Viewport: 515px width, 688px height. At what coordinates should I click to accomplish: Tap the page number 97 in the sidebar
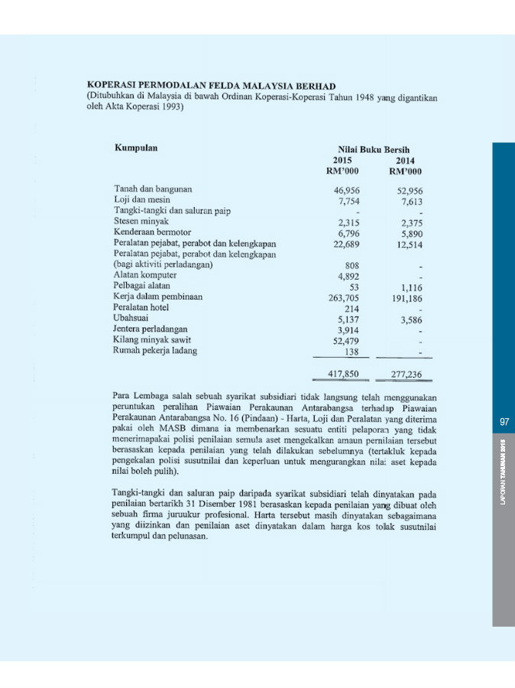(504, 422)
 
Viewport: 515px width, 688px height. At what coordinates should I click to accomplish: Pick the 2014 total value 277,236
(406, 375)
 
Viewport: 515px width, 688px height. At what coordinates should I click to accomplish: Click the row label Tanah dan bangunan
(152, 188)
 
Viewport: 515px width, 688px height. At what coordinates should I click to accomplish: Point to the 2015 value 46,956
(347, 190)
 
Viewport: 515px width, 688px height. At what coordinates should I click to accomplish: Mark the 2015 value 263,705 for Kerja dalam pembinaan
(344, 298)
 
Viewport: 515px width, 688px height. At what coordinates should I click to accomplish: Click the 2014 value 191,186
(407, 299)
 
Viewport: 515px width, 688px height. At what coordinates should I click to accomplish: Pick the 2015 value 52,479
(347, 342)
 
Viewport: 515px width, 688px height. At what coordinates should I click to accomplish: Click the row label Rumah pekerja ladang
(155, 351)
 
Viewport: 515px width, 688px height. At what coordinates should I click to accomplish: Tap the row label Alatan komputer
(145, 274)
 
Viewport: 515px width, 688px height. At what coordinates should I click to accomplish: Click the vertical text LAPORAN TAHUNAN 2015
(504, 471)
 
